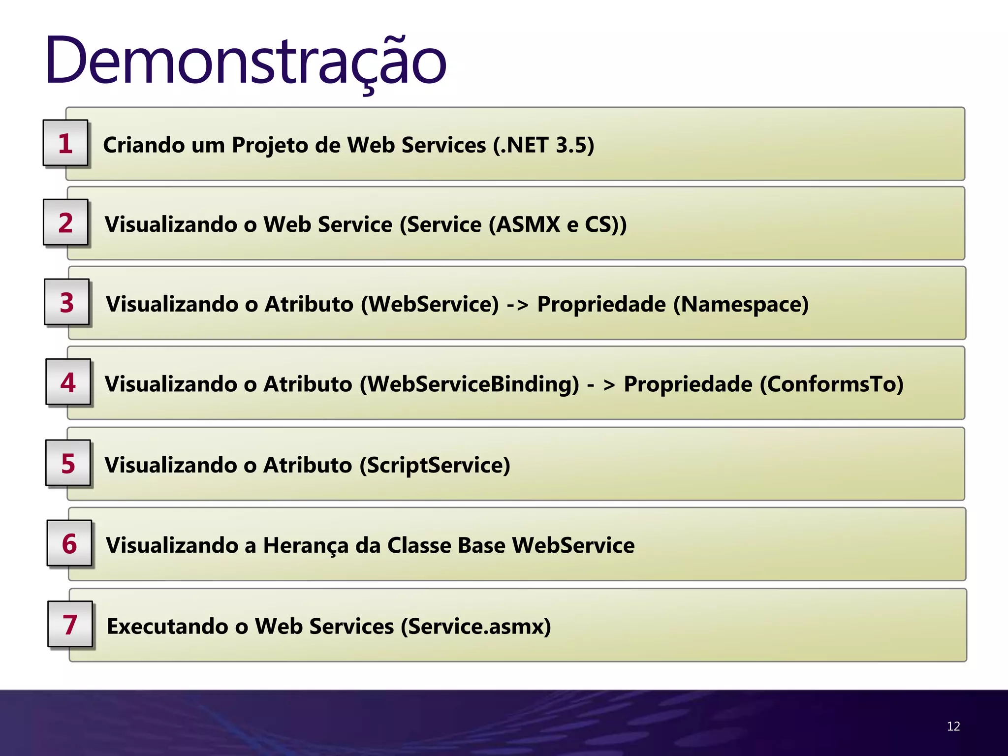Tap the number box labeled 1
[65, 143]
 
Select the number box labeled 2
[65, 222]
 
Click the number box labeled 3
[67, 302]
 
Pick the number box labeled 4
[68, 382]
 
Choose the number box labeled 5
[68, 463]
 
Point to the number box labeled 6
[69, 543]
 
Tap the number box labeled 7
[70, 624]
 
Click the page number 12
[953, 726]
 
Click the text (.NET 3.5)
[543, 145]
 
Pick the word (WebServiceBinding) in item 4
[470, 384]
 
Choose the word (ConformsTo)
[832, 384]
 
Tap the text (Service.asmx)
[476, 627]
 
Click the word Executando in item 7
[167, 627]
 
